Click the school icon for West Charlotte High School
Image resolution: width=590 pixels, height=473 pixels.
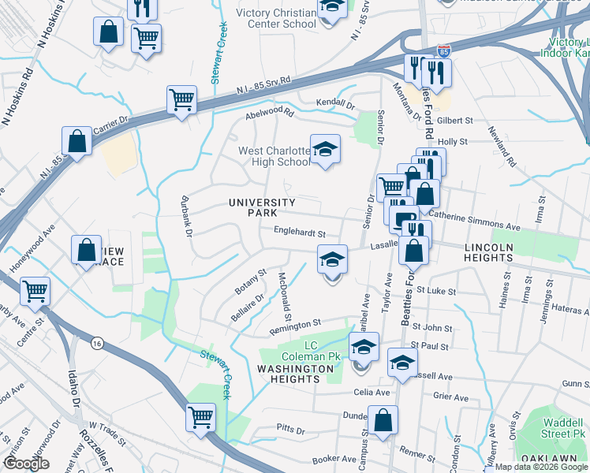(323, 150)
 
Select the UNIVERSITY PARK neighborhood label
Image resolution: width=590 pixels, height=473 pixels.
(262, 208)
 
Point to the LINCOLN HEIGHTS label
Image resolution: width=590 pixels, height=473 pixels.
(488, 252)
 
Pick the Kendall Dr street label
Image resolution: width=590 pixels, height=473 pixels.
(335, 104)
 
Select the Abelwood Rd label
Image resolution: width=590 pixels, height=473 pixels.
(269, 114)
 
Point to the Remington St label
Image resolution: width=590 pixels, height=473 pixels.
(296, 324)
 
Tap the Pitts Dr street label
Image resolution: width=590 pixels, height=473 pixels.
(290, 430)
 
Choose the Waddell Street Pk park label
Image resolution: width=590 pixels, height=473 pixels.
(563, 428)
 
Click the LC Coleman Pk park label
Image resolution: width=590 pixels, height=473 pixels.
(322, 351)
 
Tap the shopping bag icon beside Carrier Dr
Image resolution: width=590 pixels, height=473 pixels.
(78, 142)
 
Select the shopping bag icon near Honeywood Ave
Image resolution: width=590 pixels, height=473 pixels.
(86, 250)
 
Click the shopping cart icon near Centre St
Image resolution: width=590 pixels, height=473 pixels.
(35, 291)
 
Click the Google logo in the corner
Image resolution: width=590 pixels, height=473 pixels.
(26, 464)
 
